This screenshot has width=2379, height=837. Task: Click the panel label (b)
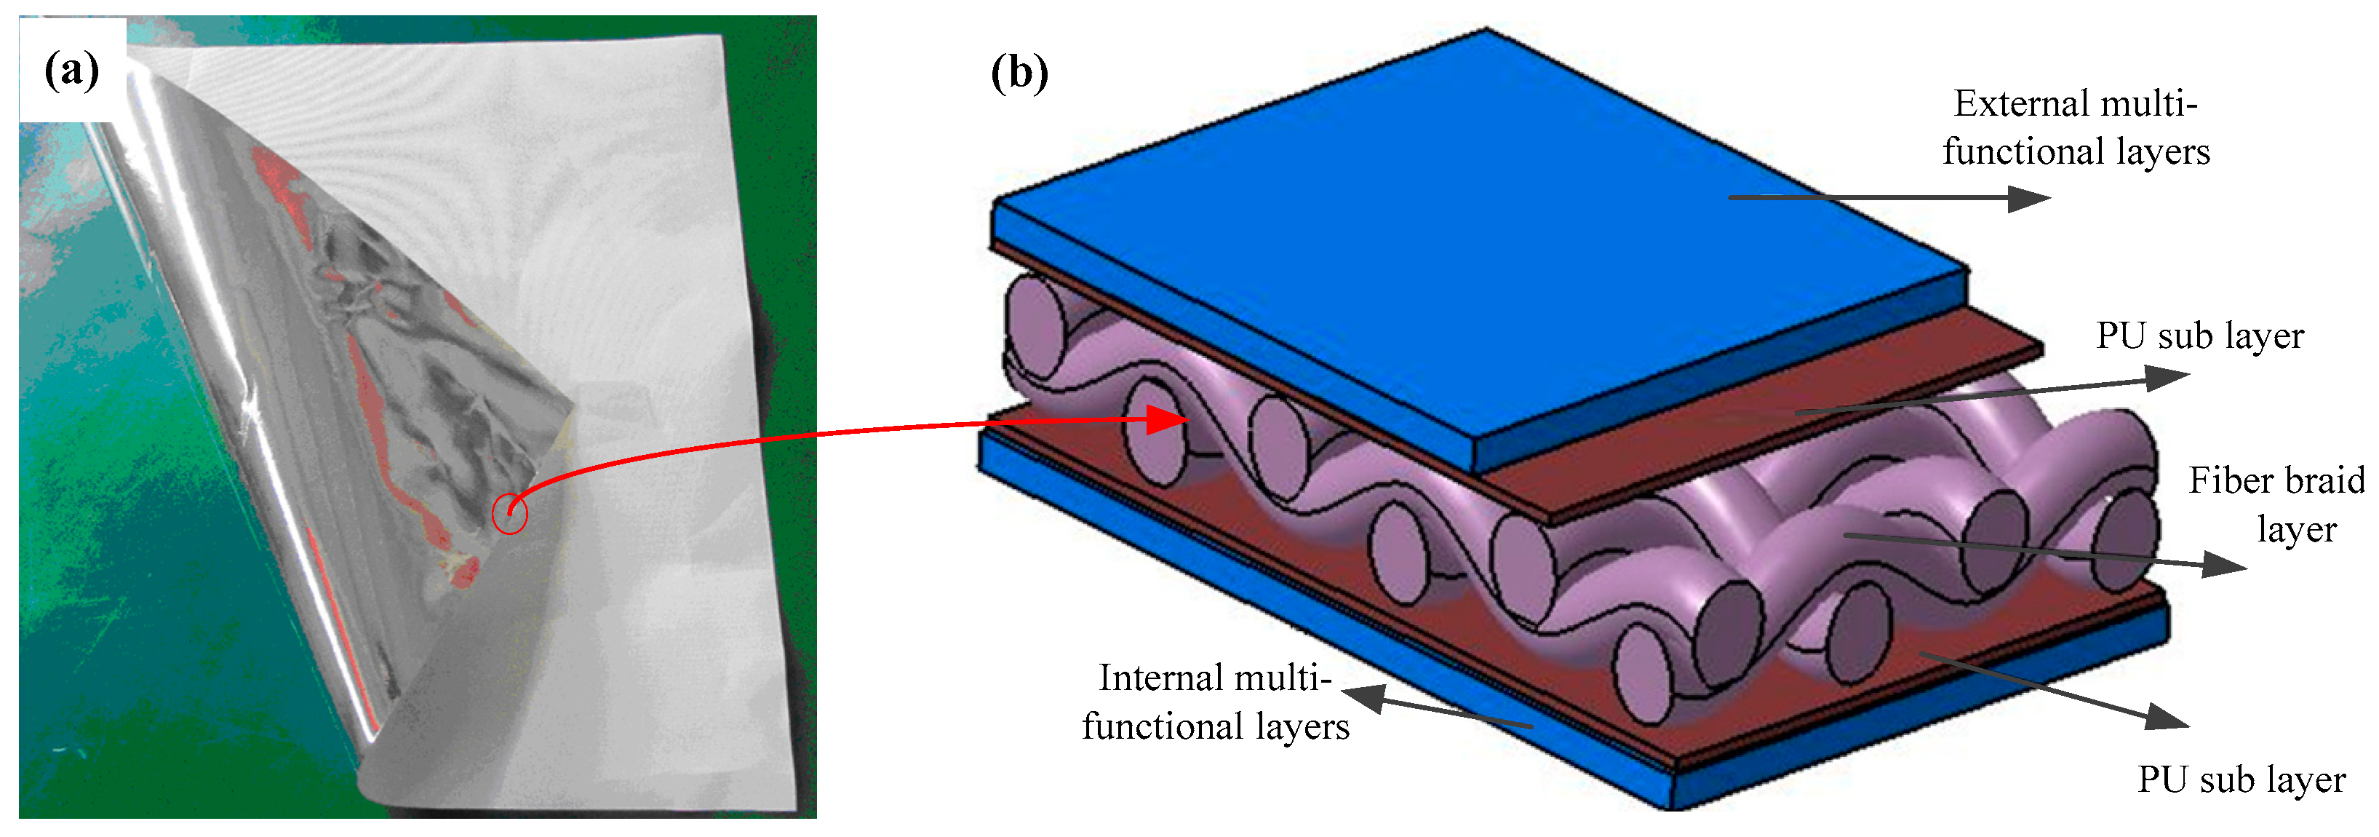coord(1019,72)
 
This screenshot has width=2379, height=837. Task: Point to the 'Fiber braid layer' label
coord(2277,504)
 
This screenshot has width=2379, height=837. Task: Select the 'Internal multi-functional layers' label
coord(1216,702)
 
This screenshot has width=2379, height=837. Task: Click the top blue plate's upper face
coord(1478,231)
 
